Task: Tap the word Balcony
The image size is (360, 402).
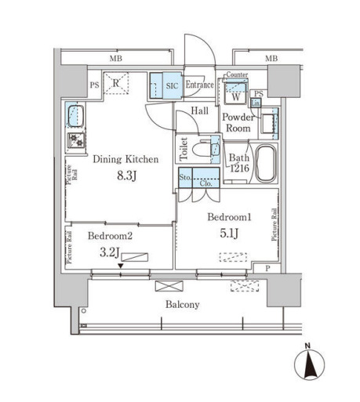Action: pos(181,304)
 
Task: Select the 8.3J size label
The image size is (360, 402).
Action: pos(126,175)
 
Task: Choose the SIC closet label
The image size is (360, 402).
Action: pos(173,84)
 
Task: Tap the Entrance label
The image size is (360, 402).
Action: pos(200,84)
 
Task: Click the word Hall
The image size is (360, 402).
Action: pos(199,111)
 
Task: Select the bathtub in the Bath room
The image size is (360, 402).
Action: pos(267,163)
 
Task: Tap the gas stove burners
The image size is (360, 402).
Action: pos(76,140)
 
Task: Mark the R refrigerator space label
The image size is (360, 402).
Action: pos(115,82)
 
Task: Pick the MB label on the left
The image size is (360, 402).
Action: pos(116,59)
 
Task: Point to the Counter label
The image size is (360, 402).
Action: pos(236,75)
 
